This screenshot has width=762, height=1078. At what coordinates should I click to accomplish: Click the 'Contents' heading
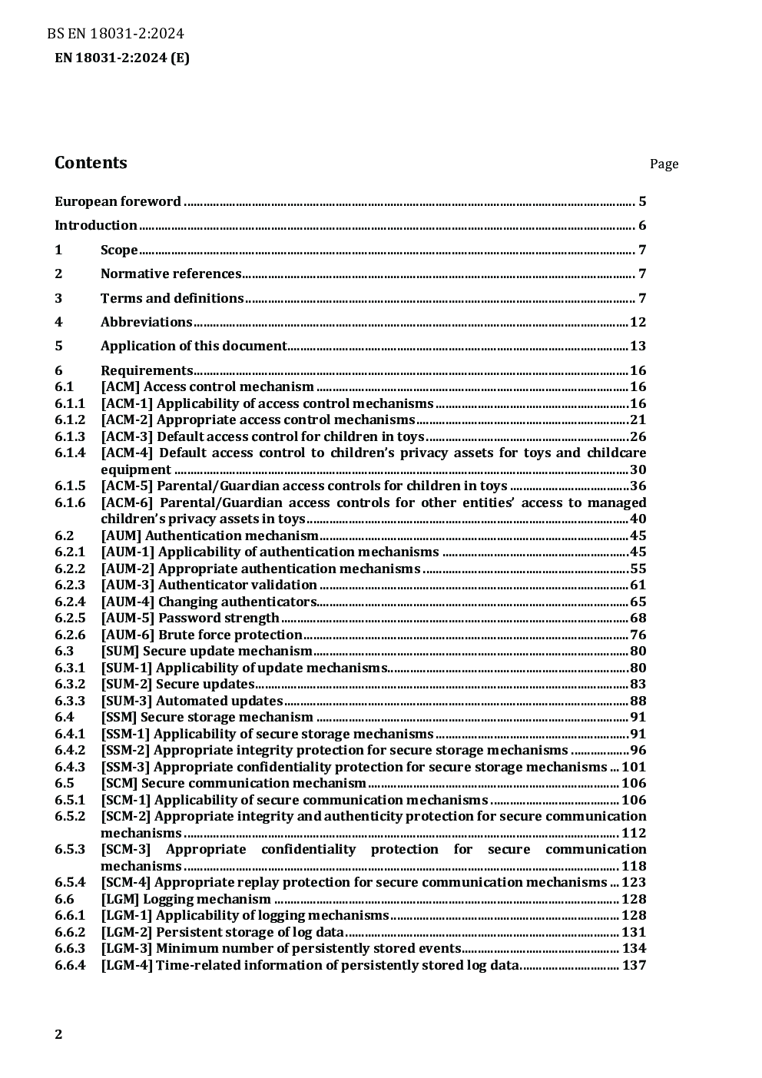pyautogui.click(x=91, y=163)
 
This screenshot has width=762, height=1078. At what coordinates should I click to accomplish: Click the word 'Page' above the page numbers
pyautogui.click(x=664, y=164)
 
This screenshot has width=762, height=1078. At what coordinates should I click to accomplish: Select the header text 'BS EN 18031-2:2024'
pyautogui.click(x=115, y=34)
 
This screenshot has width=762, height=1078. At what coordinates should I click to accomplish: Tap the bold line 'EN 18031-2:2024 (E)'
pyautogui.click(x=122, y=58)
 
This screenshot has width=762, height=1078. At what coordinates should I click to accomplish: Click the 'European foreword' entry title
pyautogui.click(x=118, y=202)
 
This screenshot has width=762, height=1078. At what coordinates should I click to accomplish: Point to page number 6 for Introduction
pyautogui.click(x=642, y=226)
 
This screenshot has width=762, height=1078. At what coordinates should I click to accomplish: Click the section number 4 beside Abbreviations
pyautogui.click(x=58, y=322)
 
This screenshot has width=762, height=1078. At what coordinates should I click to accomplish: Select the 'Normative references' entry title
pyautogui.click(x=171, y=274)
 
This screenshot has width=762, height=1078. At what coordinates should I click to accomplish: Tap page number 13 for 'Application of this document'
pyautogui.click(x=638, y=347)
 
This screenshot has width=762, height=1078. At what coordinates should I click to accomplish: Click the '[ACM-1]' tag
pyautogui.click(x=127, y=404)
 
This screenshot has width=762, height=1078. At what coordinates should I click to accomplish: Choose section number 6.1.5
pyautogui.click(x=69, y=486)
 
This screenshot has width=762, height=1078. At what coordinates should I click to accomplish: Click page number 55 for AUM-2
pyautogui.click(x=638, y=569)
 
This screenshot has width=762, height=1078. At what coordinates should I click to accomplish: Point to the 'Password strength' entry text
pyautogui.click(x=218, y=619)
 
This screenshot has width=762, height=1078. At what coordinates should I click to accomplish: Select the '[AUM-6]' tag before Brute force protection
pyautogui.click(x=128, y=635)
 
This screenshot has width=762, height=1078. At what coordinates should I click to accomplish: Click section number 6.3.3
pyautogui.click(x=69, y=701)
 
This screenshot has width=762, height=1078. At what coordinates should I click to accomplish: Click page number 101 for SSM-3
pyautogui.click(x=634, y=767)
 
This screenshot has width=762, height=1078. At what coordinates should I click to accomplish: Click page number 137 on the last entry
pyautogui.click(x=634, y=966)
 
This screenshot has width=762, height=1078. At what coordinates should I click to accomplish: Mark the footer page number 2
pyautogui.click(x=58, y=1034)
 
